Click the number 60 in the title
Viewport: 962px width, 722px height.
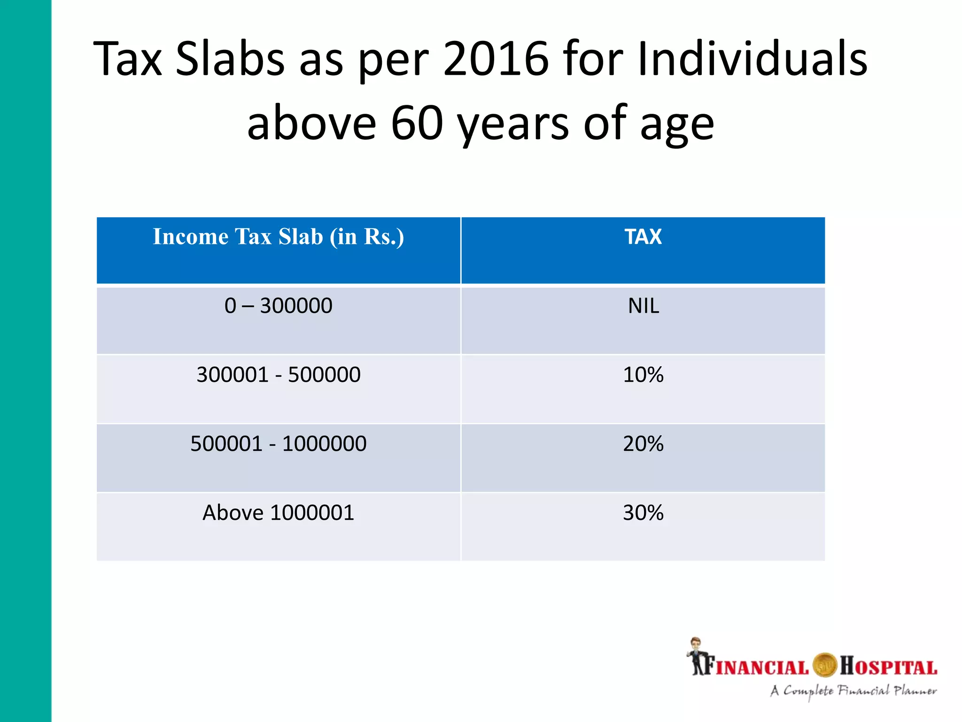pyautogui.click(x=417, y=123)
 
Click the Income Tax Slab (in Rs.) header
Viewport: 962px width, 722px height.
pyautogui.click(x=279, y=236)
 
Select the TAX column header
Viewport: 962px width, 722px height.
pyautogui.click(x=643, y=236)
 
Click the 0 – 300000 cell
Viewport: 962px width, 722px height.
pyautogui.click(x=279, y=306)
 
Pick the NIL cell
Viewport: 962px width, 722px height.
pyautogui.click(x=643, y=306)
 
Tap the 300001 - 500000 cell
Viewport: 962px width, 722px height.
pyautogui.click(x=279, y=375)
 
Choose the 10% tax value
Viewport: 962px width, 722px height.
pyautogui.click(x=643, y=375)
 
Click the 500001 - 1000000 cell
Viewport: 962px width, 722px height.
pyautogui.click(x=279, y=444)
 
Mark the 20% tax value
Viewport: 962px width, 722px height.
pyautogui.click(x=643, y=444)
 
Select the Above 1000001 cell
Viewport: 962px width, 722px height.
pyautogui.click(x=279, y=513)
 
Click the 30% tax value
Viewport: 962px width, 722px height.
pyautogui.click(x=643, y=513)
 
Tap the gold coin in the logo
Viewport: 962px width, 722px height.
pyautogui.click(x=825, y=666)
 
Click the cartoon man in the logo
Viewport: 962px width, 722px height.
pyautogui.click(x=696, y=656)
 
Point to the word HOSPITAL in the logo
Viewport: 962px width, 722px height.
pyautogui.click(x=888, y=667)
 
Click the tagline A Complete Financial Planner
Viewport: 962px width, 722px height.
pyautogui.click(x=853, y=691)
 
